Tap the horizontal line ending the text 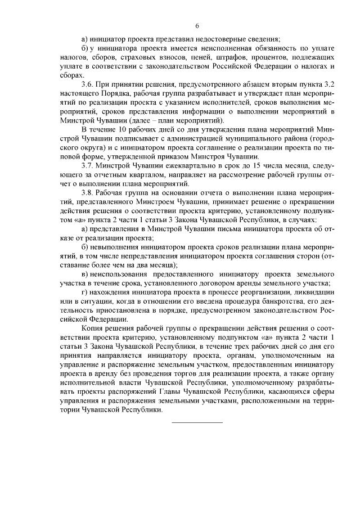click(197, 422)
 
